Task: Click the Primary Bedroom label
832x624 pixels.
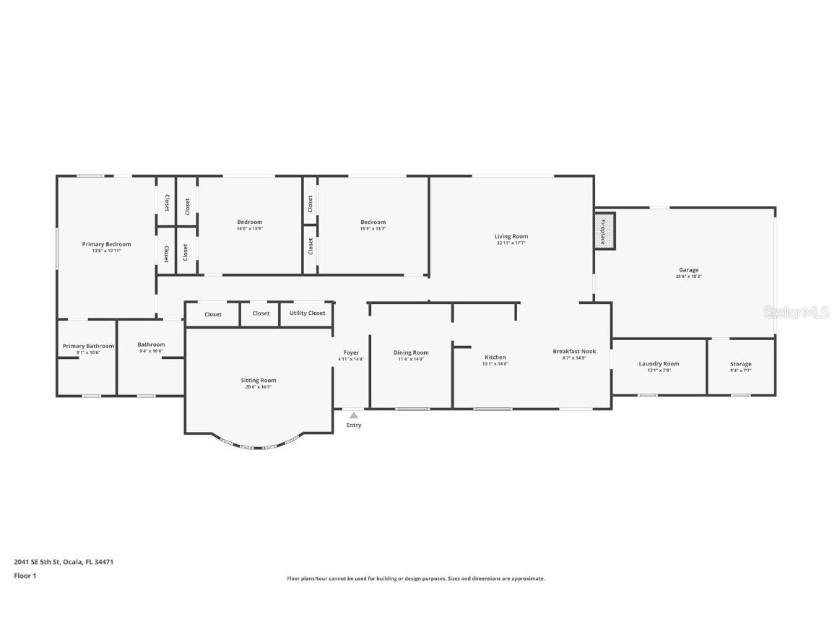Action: [x=106, y=245]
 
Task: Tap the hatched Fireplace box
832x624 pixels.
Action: [x=604, y=231]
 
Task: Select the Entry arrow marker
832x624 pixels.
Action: [x=353, y=415]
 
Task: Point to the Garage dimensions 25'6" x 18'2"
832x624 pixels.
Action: [x=688, y=277]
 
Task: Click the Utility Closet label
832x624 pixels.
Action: [x=307, y=313]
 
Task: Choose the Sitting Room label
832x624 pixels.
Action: [x=258, y=381]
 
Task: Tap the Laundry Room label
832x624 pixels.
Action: [x=659, y=364]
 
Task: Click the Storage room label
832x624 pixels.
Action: [x=740, y=365]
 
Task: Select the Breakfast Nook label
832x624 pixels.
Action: [x=574, y=352]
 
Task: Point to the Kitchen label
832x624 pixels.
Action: [x=495, y=357]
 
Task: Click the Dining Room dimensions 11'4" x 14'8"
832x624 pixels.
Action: [x=411, y=359]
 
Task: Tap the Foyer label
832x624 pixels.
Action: [x=351, y=353]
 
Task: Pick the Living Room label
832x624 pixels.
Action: [x=511, y=237]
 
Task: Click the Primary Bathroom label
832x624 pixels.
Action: [x=88, y=347]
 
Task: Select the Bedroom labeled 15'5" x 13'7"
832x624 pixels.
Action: [x=373, y=222]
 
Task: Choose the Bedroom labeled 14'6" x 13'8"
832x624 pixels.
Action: [x=249, y=222]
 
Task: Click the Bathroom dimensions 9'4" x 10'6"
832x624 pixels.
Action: [x=151, y=351]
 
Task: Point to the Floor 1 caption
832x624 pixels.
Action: [x=25, y=576]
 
